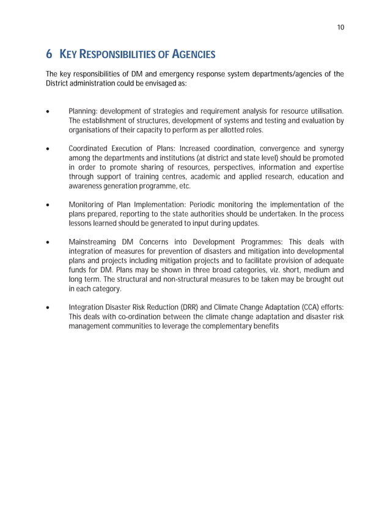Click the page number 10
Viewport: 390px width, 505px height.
tap(340, 27)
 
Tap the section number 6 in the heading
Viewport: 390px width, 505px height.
tap(49, 55)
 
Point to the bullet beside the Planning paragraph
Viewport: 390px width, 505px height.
tap(48, 111)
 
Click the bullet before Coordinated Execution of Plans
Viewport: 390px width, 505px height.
tap(48, 149)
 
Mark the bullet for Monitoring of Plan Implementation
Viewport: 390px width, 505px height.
tap(48, 205)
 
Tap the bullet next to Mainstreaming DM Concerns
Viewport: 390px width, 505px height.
tap(48, 243)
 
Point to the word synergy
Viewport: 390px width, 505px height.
tap(331, 149)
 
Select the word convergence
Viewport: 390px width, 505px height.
tap(281, 149)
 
